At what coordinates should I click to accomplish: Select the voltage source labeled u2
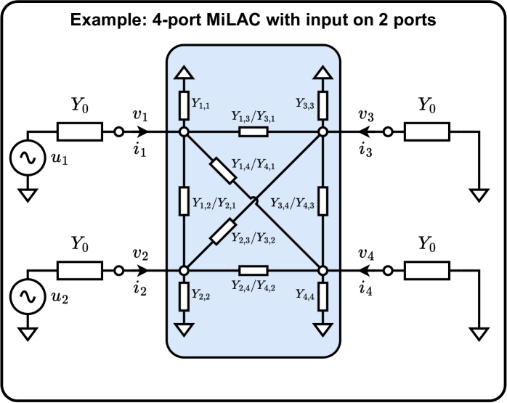(27, 297)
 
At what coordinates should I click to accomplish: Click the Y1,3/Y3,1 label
(252, 116)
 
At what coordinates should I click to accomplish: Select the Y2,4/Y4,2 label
(252, 286)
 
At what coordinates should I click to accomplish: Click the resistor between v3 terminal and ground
(426, 132)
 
